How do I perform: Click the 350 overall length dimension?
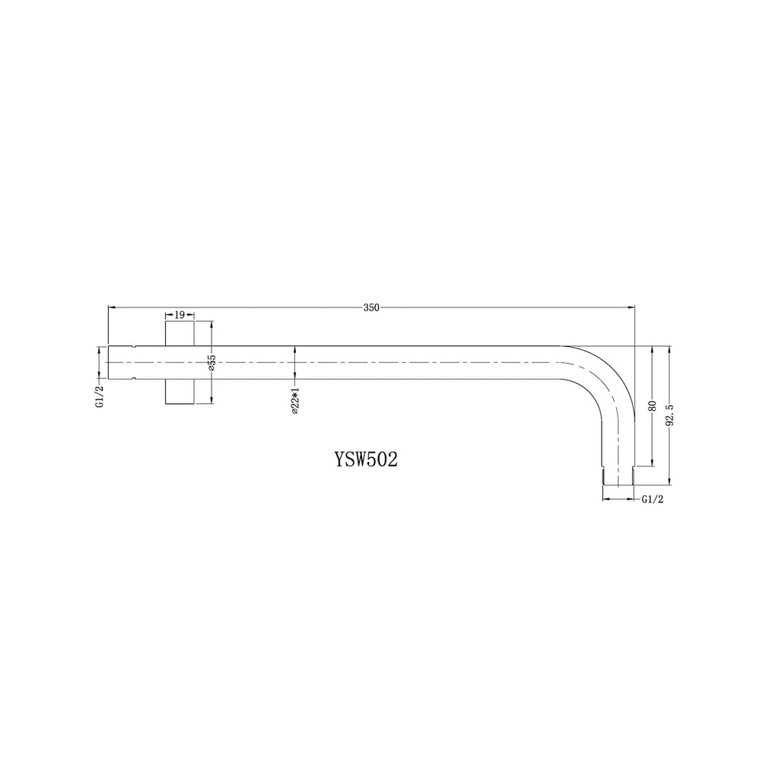tap(370, 307)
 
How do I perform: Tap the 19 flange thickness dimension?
tap(180, 313)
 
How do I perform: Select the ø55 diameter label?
tap(212, 362)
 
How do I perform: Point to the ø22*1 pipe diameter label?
tap(295, 400)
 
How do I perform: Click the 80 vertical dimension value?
tap(652, 405)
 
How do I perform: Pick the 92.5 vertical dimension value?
tap(670, 416)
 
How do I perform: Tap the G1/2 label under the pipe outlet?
tap(653, 499)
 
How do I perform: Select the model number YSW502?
tap(366, 461)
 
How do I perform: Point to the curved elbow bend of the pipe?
tap(605, 377)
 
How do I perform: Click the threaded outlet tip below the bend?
tap(618, 477)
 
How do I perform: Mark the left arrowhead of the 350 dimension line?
tap(112, 307)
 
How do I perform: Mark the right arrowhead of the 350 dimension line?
tap(631, 307)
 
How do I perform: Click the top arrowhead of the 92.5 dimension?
tap(669, 349)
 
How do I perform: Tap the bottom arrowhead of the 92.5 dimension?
tap(669, 482)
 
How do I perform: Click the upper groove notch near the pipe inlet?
tap(134, 347)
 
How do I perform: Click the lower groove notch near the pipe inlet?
tap(134, 377)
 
